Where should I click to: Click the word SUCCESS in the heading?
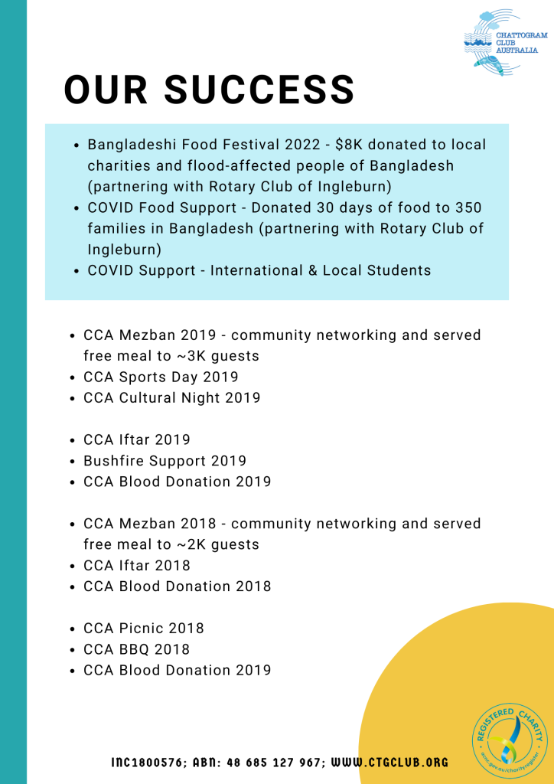[x=259, y=90]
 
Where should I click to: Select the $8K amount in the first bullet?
[x=350, y=145]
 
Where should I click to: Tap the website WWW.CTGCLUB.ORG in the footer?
[x=390, y=763]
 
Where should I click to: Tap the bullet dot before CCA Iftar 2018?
[x=72, y=567]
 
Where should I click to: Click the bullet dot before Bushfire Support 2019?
[x=72, y=462]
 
